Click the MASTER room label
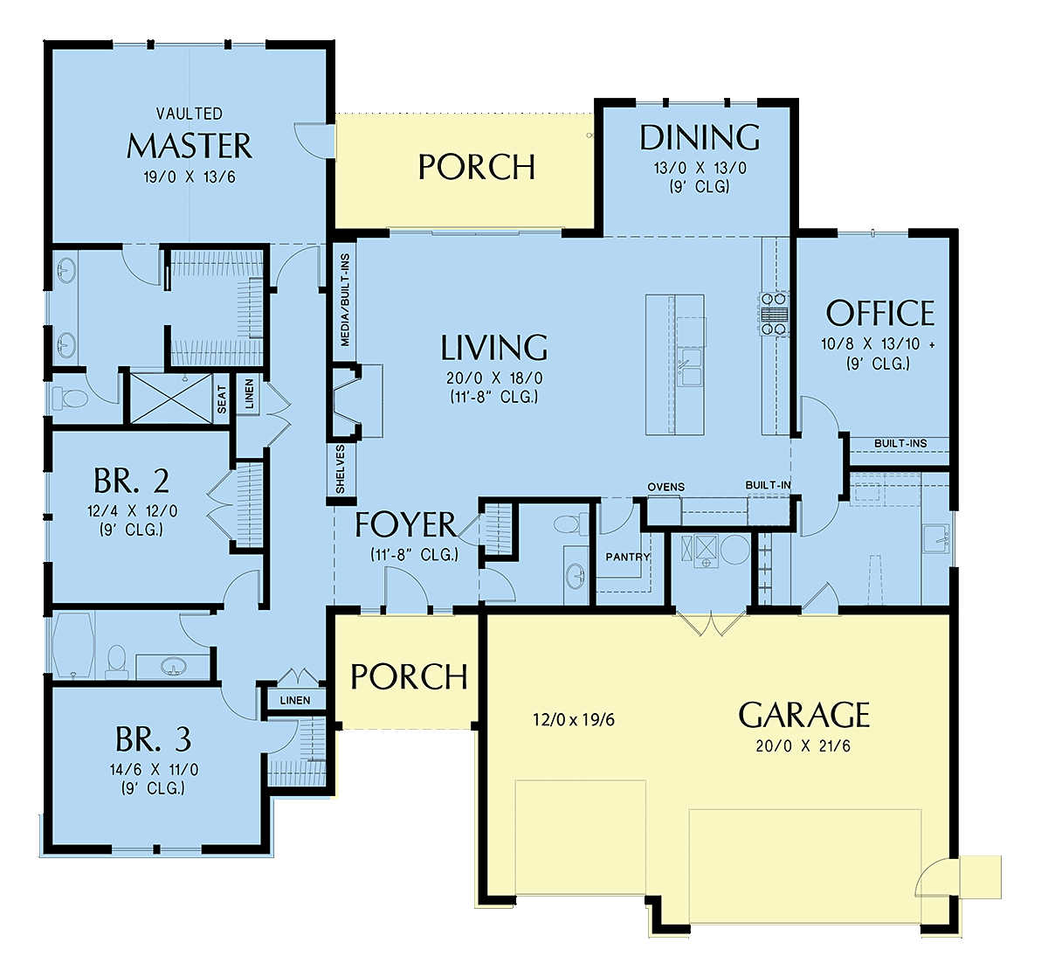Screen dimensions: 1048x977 click(x=190, y=146)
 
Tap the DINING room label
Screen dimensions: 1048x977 click(x=700, y=137)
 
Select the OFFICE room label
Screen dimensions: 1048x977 click(x=879, y=313)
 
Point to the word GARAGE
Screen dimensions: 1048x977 click(x=803, y=715)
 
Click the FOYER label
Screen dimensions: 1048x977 click(x=405, y=524)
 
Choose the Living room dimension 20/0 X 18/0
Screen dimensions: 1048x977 click(x=494, y=378)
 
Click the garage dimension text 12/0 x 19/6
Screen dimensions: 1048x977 click(x=574, y=720)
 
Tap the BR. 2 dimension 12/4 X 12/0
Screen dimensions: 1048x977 click(x=132, y=511)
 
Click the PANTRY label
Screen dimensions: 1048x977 click(x=627, y=557)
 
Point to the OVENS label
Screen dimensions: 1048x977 click(x=666, y=487)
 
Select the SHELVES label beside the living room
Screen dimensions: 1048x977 click(x=341, y=469)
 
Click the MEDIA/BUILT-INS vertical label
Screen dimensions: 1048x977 click(x=345, y=300)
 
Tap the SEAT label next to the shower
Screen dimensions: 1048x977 click(x=222, y=398)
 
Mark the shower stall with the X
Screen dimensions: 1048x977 click(x=171, y=398)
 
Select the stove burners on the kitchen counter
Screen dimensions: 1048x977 click(x=774, y=315)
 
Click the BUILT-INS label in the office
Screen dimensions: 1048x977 click(x=900, y=444)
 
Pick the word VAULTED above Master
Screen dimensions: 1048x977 click(x=190, y=114)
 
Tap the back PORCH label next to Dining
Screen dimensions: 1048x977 click(x=477, y=168)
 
